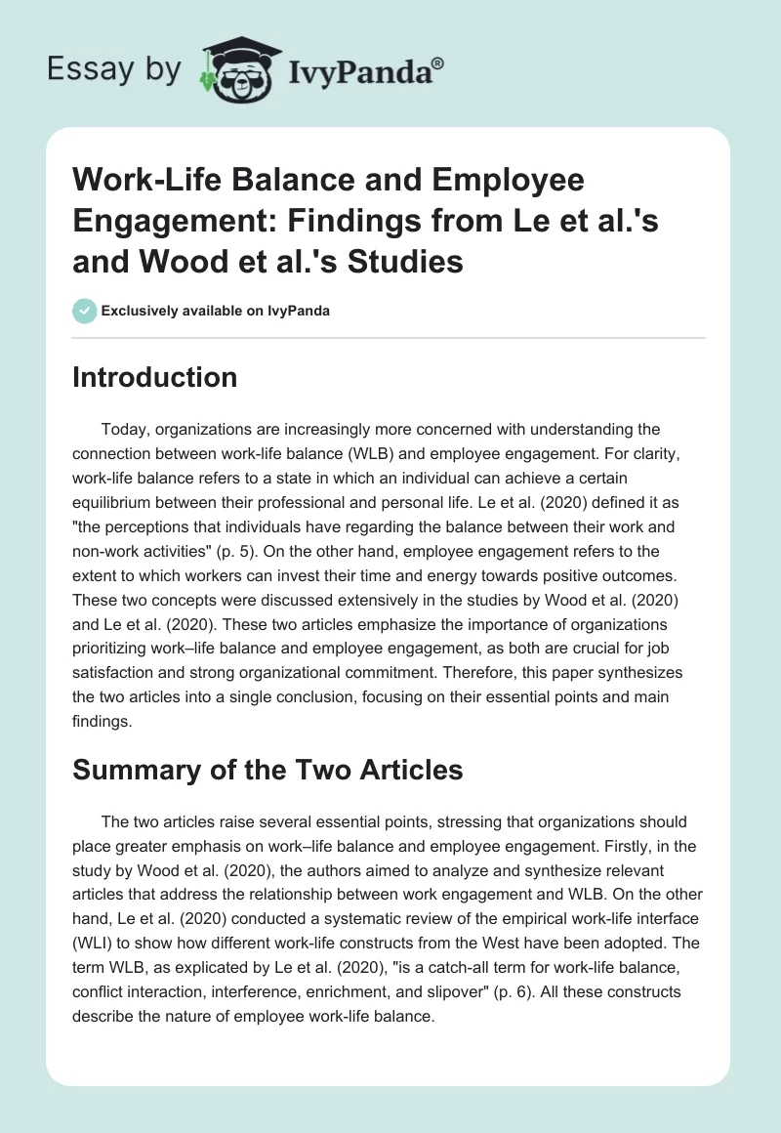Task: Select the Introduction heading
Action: tap(154, 377)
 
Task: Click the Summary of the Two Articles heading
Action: tap(267, 769)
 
